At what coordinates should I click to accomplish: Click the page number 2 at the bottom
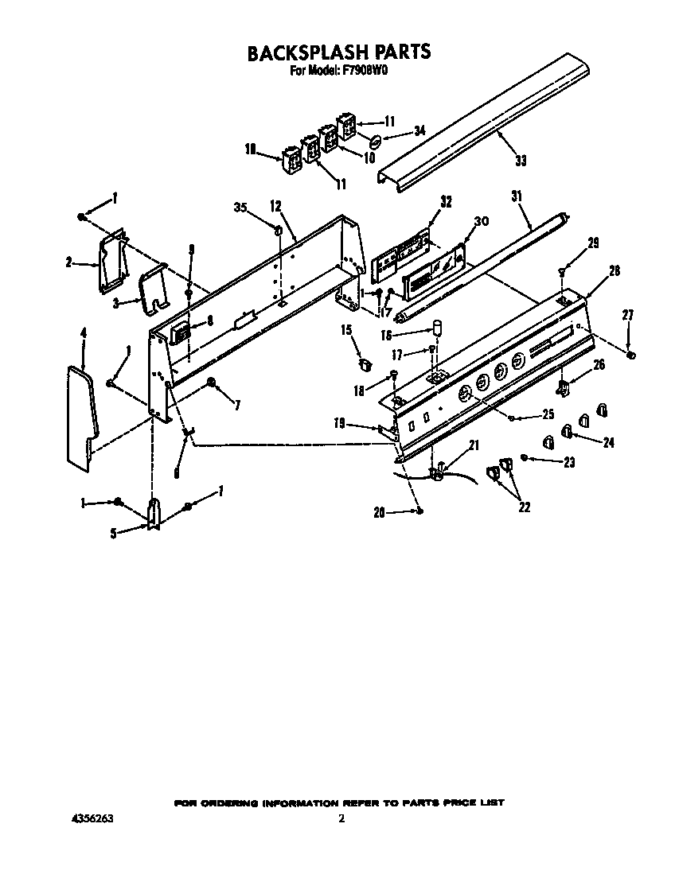pyautogui.click(x=341, y=818)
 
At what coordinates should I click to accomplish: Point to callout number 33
pyautogui.click(x=520, y=161)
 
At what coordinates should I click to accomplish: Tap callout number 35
pyautogui.click(x=240, y=208)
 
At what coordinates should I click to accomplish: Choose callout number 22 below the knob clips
pyautogui.click(x=524, y=507)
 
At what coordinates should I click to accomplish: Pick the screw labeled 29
pyautogui.click(x=563, y=272)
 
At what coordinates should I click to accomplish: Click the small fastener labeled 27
pyautogui.click(x=630, y=355)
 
